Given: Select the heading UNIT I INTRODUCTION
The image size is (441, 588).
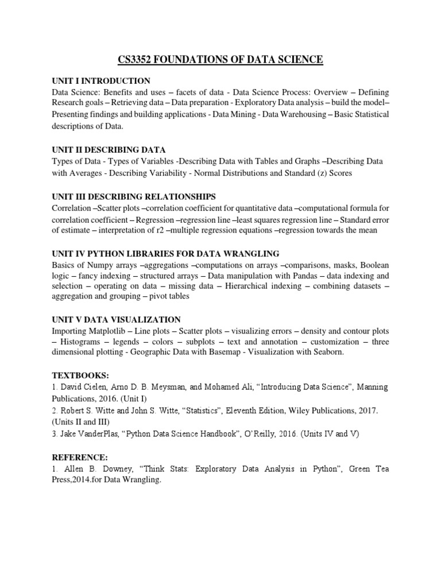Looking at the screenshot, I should click(x=101, y=81).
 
